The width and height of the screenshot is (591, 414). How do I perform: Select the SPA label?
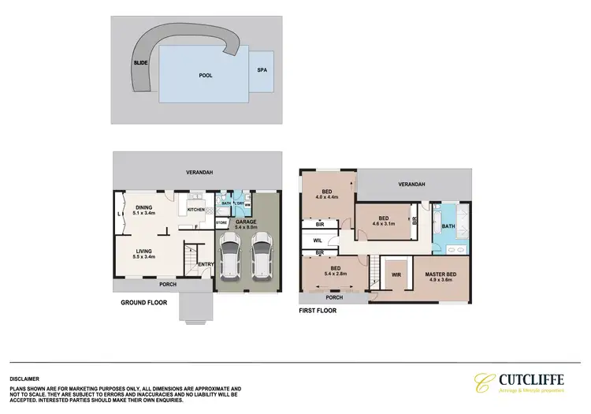[x=262, y=70]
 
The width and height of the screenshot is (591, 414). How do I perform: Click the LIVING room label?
[x=143, y=254]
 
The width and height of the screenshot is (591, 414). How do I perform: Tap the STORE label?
[x=221, y=223]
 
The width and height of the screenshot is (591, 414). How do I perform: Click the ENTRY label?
[x=206, y=265]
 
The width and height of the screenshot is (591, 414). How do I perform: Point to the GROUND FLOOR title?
[x=143, y=302]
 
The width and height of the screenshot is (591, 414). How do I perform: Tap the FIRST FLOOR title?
[x=318, y=311]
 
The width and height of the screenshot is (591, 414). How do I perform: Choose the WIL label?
[x=318, y=241]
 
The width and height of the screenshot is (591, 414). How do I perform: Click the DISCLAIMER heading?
[x=24, y=379]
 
